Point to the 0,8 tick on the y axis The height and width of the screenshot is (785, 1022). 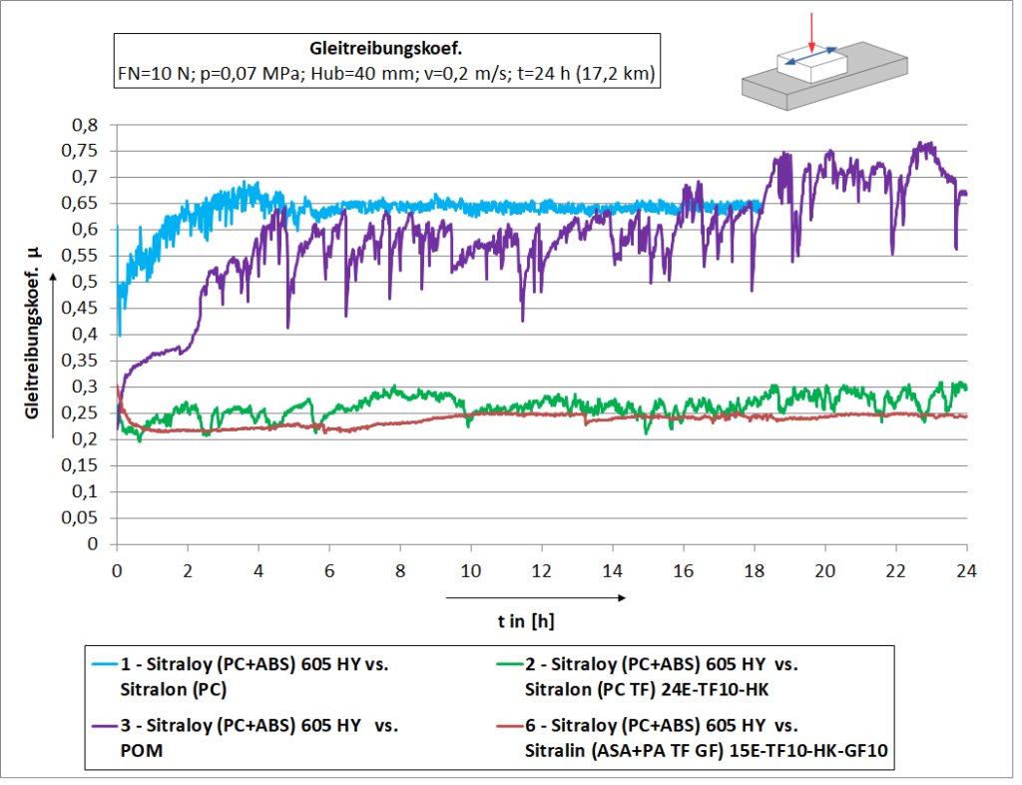[x=87, y=125]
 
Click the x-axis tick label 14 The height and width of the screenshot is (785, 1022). [x=612, y=570]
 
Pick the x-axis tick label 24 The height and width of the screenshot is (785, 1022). [x=966, y=570]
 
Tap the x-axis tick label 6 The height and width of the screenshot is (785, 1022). [x=329, y=570]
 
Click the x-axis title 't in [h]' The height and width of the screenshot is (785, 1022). [x=526, y=621]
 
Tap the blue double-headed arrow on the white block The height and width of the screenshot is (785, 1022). [x=810, y=63]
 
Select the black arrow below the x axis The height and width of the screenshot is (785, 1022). [x=535, y=598]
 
